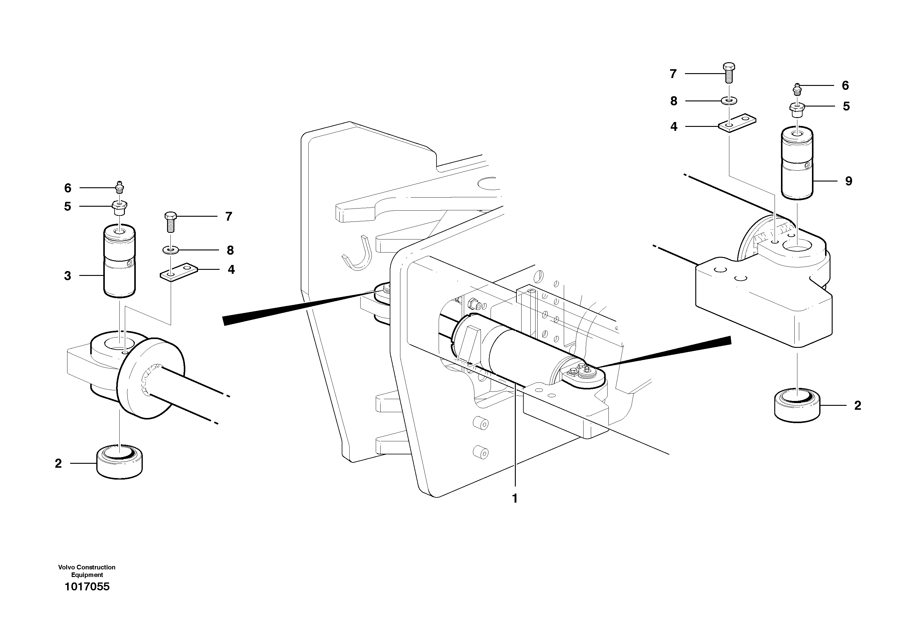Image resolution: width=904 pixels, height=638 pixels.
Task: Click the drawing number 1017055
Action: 87,587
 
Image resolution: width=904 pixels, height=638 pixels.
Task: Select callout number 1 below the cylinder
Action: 514,499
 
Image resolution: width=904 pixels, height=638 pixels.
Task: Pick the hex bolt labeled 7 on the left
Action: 170,222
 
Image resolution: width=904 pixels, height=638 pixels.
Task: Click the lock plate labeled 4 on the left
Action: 178,271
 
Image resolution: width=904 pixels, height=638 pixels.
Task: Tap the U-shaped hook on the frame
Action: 358,256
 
